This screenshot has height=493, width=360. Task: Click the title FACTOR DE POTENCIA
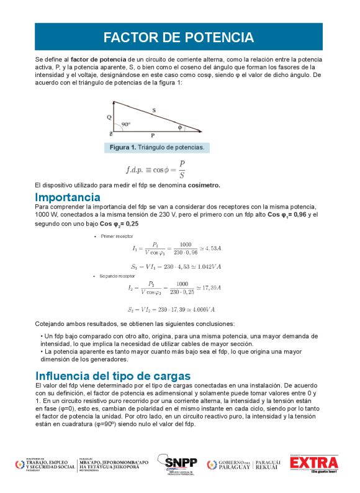pyautogui.click(x=179, y=37)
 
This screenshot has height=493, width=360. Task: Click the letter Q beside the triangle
pyautogui.click(x=109, y=117)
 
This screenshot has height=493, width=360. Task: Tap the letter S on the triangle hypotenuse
pyautogui.click(x=153, y=110)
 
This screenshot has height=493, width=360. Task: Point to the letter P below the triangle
pyautogui.click(x=153, y=135)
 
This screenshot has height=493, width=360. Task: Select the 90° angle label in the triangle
pyautogui.click(x=126, y=125)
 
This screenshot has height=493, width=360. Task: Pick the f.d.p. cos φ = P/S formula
pyautogui.click(x=156, y=170)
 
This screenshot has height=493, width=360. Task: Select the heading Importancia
pyautogui.click(x=68, y=197)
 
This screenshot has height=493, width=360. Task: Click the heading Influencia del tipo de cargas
pyautogui.click(x=113, y=376)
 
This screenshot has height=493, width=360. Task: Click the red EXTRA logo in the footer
pyautogui.click(x=315, y=464)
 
